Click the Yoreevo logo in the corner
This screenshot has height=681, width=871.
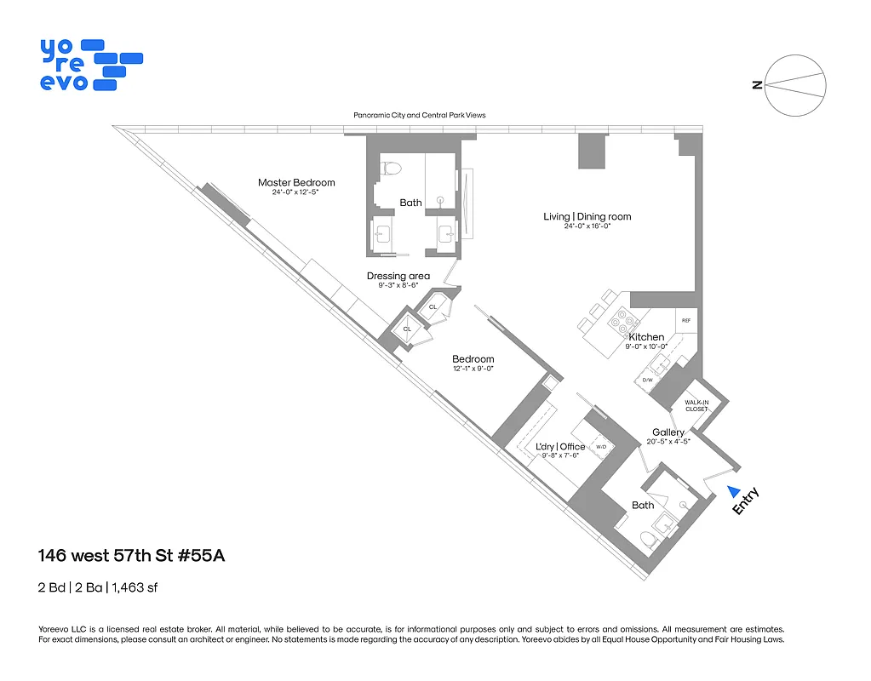click(x=89, y=64)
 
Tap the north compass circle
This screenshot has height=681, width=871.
click(x=795, y=84)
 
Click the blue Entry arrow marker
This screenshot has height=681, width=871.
click(x=732, y=491)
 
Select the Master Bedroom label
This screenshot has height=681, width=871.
click(x=296, y=182)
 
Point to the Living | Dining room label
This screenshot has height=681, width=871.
click(x=587, y=216)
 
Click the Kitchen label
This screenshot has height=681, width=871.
click(x=646, y=337)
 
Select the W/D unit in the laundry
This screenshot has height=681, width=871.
click(x=600, y=446)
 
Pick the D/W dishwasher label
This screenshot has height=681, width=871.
click(x=647, y=380)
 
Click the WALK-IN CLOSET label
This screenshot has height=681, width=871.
click(x=696, y=405)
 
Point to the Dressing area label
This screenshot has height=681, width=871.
click(x=398, y=276)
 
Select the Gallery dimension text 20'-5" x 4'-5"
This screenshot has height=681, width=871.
click(x=668, y=441)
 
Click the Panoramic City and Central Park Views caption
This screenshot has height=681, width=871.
click(x=419, y=115)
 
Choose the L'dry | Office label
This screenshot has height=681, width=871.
click(x=559, y=446)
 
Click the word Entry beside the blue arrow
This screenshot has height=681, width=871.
click(x=746, y=501)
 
